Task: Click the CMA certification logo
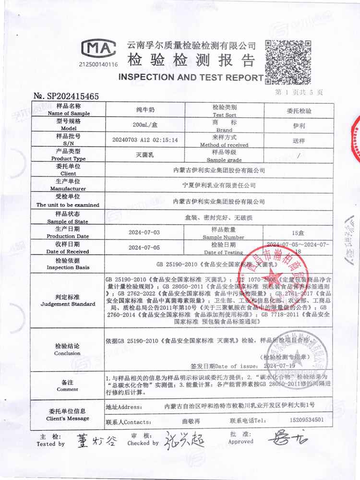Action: point(98,49)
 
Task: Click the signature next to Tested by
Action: point(95,440)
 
